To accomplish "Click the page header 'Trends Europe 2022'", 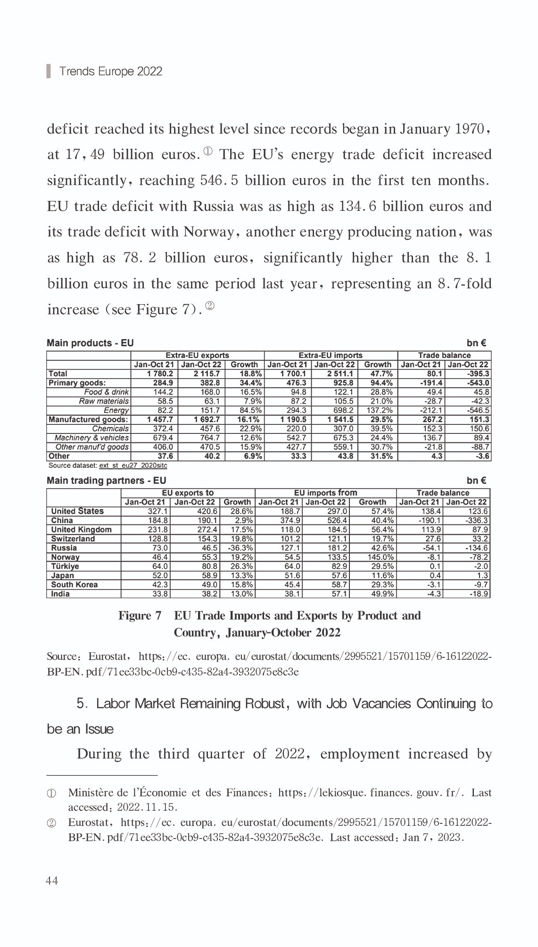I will (110, 72).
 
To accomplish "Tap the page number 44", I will (52, 881).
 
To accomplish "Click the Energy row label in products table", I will (116, 410).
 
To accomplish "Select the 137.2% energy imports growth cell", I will (379, 410).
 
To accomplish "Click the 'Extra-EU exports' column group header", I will (197, 356).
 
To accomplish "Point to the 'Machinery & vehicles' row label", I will (91, 438).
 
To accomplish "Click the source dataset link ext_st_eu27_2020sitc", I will (133, 465).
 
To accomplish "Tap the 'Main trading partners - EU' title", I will (106, 481).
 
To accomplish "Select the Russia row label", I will (64, 548).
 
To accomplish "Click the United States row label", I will (77, 511).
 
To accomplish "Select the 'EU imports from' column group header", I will (325, 493).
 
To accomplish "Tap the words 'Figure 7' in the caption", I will (140, 616).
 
